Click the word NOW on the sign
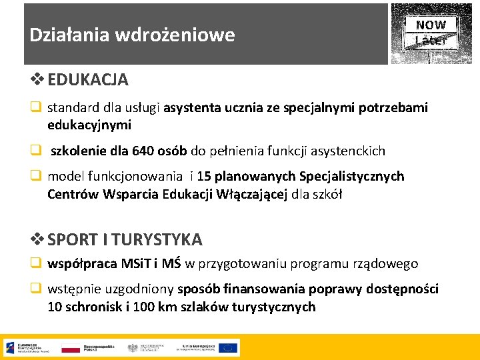tap(431, 25)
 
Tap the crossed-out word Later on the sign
tap(431, 40)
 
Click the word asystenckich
tap(347, 151)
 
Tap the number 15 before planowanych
tap(205, 177)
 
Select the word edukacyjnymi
tap(89, 125)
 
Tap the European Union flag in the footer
tap(227, 347)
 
